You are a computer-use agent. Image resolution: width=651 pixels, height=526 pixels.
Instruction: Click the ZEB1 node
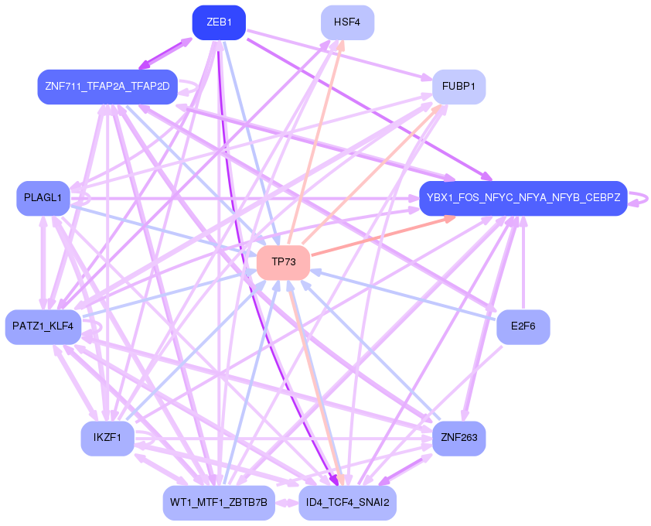point(219,22)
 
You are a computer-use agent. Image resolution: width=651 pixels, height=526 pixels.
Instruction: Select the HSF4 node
point(347,22)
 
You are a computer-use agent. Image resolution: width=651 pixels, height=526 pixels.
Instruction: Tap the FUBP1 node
point(458,86)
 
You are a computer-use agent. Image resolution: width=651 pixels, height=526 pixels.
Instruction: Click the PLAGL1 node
point(43,198)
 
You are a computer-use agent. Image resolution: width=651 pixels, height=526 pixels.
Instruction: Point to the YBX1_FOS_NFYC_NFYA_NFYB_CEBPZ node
point(523,198)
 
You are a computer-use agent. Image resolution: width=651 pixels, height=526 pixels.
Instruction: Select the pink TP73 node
point(283,262)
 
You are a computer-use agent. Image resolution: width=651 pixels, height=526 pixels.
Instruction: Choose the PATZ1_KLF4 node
point(43,326)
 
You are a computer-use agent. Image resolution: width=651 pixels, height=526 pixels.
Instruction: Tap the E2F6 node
point(523,326)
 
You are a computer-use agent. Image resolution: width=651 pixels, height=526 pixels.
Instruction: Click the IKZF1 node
point(107,439)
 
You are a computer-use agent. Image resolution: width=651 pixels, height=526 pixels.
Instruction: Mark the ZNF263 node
point(458,439)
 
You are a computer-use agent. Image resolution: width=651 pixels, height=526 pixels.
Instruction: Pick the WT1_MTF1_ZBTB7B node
point(219,503)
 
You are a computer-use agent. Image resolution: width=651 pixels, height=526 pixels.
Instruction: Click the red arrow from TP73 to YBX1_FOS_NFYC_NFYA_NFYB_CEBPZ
point(382,236)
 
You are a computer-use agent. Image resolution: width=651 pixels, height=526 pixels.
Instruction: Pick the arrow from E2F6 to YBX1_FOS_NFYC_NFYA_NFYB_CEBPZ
point(523,263)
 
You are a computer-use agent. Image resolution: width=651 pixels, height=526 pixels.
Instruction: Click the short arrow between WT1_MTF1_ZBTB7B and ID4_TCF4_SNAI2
point(286,503)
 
